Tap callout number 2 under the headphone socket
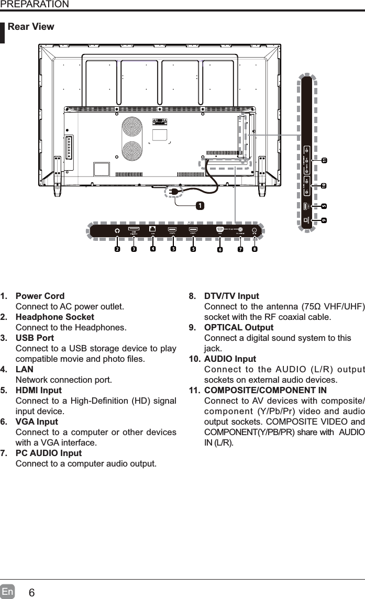(x=117, y=249)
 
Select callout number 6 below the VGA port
(x=220, y=249)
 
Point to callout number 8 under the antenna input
(x=255, y=249)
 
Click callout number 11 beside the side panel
(x=324, y=159)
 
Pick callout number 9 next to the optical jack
(x=324, y=220)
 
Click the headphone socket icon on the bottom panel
(x=117, y=230)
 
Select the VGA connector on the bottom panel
(x=220, y=229)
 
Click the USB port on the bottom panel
(x=134, y=229)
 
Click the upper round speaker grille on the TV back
(x=132, y=127)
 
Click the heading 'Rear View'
(x=31, y=27)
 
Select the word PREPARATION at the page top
(x=35, y=5)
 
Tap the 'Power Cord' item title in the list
(x=40, y=296)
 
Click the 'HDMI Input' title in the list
(x=39, y=391)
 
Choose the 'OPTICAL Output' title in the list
(x=238, y=328)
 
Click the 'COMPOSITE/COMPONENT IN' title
(x=265, y=391)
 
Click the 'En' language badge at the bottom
(x=7, y=592)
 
